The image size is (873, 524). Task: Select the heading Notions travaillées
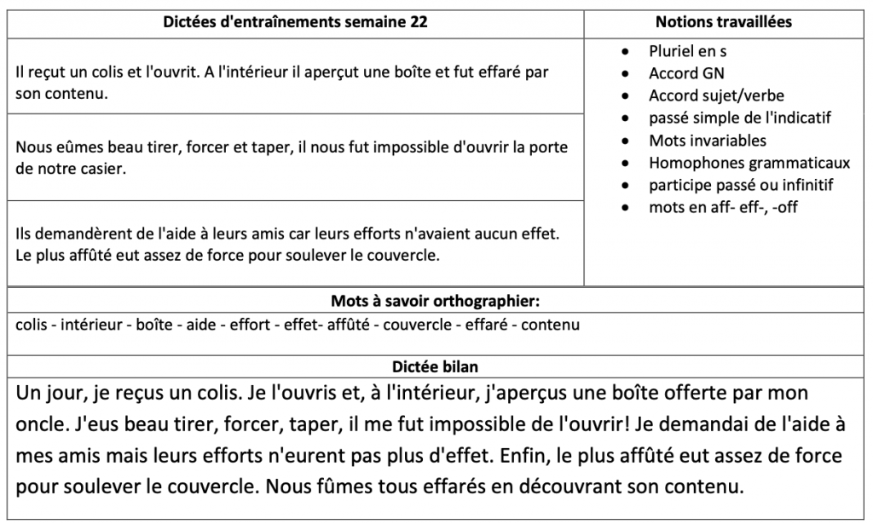pos(723,22)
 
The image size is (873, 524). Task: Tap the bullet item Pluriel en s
pos(687,52)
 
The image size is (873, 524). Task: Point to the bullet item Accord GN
pos(686,74)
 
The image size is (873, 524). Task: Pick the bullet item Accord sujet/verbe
pos(716,95)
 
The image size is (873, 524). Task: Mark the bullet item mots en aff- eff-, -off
pos(723,206)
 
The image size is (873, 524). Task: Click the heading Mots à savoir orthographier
pos(436,301)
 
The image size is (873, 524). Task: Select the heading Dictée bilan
pos(436,366)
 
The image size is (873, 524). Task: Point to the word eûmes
pos(78,146)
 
